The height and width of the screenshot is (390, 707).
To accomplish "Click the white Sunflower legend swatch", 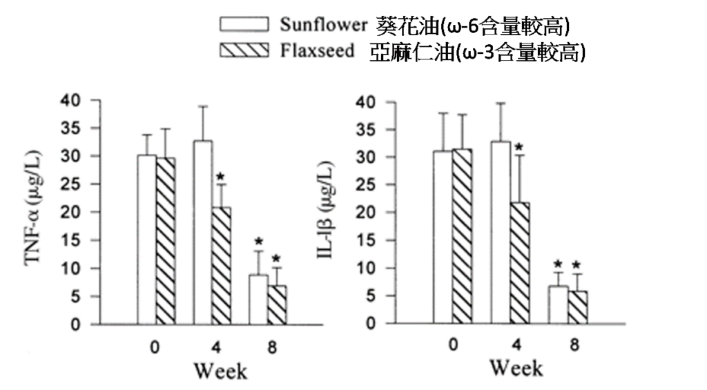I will point(244,25).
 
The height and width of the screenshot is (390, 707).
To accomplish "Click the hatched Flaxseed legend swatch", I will point(244,50).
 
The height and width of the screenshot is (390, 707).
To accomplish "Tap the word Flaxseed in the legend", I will point(318,50).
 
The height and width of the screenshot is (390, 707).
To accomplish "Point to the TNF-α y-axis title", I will point(37,211).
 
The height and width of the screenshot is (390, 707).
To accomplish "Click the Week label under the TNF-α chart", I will point(220,371).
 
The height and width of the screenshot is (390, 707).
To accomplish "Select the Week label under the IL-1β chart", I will point(516,368).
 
